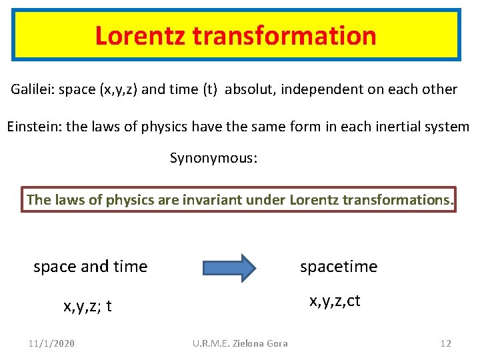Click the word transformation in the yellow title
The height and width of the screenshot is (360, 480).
click(285, 35)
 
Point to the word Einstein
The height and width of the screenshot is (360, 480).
click(31, 126)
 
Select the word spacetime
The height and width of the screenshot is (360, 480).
click(339, 267)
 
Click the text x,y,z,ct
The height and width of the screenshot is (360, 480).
click(335, 301)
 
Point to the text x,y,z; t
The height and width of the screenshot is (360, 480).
click(87, 307)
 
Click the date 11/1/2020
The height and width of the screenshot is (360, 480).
click(52, 343)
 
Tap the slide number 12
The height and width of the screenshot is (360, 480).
click(446, 343)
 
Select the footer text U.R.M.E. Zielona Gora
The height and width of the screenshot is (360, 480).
click(240, 343)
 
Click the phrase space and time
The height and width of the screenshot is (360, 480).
click(91, 267)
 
